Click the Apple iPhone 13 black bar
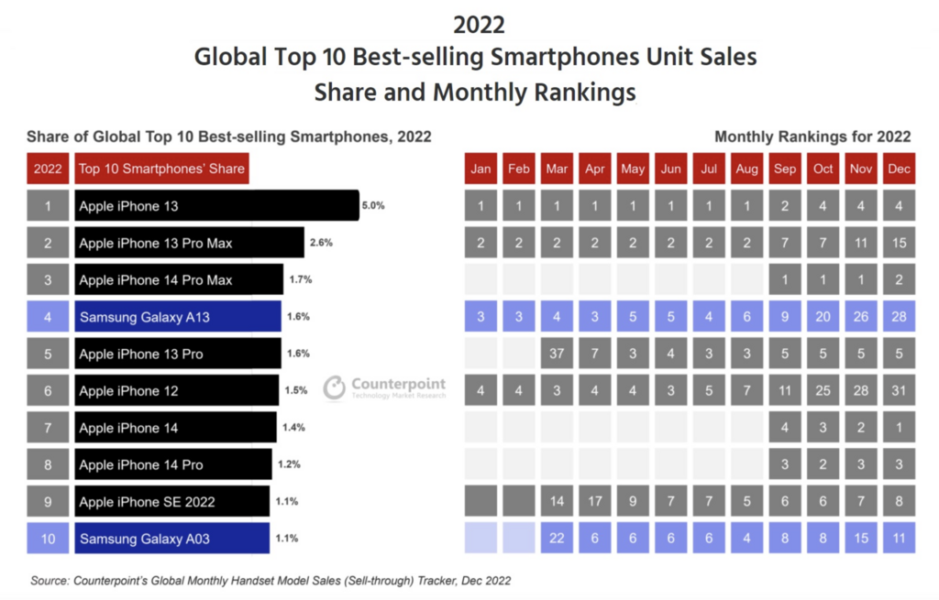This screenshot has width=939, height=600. pyautogui.click(x=216, y=206)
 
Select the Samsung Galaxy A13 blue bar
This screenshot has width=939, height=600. pyautogui.click(x=178, y=316)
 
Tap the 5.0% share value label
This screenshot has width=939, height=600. pyautogui.click(x=373, y=206)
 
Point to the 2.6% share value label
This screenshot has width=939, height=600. pyautogui.click(x=321, y=243)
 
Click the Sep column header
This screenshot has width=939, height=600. pyautogui.click(x=785, y=169)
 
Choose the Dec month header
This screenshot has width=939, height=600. pyautogui.click(x=899, y=169)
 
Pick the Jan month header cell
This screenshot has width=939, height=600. pyautogui.click(x=481, y=169)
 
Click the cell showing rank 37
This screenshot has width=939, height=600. pyautogui.click(x=557, y=354)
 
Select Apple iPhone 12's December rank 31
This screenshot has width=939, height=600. pyautogui.click(x=899, y=390)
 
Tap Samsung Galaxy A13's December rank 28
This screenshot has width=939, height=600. pyautogui.click(x=899, y=316)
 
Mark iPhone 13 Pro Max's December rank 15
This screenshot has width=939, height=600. pyautogui.click(x=899, y=243)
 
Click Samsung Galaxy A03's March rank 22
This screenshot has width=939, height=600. pyautogui.click(x=557, y=538)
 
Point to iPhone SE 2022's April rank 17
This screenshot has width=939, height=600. pyautogui.click(x=594, y=501)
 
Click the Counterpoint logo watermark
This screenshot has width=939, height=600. pyautogui.click(x=385, y=387)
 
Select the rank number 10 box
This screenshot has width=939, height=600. pyautogui.click(x=48, y=538)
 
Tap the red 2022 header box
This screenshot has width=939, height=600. pyautogui.click(x=48, y=169)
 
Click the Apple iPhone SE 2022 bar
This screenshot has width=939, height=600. pyautogui.click(x=172, y=501)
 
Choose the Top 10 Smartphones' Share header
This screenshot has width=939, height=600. pyautogui.click(x=161, y=169)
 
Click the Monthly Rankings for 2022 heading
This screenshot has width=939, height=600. pyautogui.click(x=812, y=136)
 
